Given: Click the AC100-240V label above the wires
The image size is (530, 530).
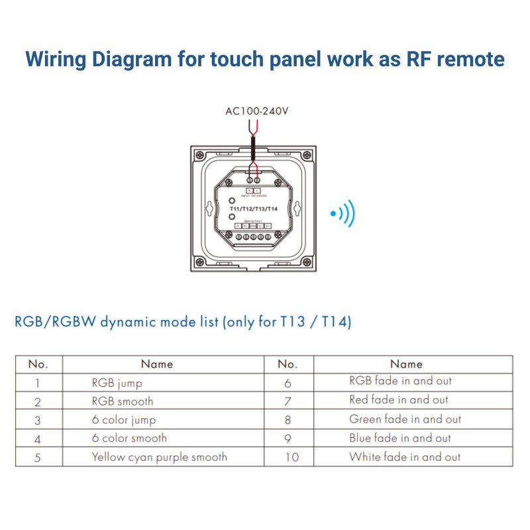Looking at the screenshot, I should [257, 111].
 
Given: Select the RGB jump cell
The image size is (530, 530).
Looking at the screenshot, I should [117, 383].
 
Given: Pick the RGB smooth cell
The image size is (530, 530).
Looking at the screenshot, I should [122, 401].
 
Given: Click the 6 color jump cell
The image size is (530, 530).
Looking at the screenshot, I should [124, 420].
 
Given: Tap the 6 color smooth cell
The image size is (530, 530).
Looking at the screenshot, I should [129, 438].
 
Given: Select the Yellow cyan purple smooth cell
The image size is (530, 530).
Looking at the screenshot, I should [159, 456].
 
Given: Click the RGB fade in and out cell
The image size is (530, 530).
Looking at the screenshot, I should [400, 381].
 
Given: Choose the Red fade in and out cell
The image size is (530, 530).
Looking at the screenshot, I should [398, 399].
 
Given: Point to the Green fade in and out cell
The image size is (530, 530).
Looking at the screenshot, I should [405, 419].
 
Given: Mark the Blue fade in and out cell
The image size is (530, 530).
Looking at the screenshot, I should [399, 438].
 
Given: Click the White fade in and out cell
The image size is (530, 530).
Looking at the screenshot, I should [404, 456].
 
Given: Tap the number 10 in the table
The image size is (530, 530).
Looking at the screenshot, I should [291, 457].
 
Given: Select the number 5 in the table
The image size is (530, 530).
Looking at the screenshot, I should [38, 457].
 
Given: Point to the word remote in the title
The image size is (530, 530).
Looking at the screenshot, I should [466, 59].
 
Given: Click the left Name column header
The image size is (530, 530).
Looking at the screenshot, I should [157, 364].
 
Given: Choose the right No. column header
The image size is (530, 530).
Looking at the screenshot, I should [287, 364].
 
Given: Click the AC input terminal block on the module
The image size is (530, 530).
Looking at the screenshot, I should [252, 180].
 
